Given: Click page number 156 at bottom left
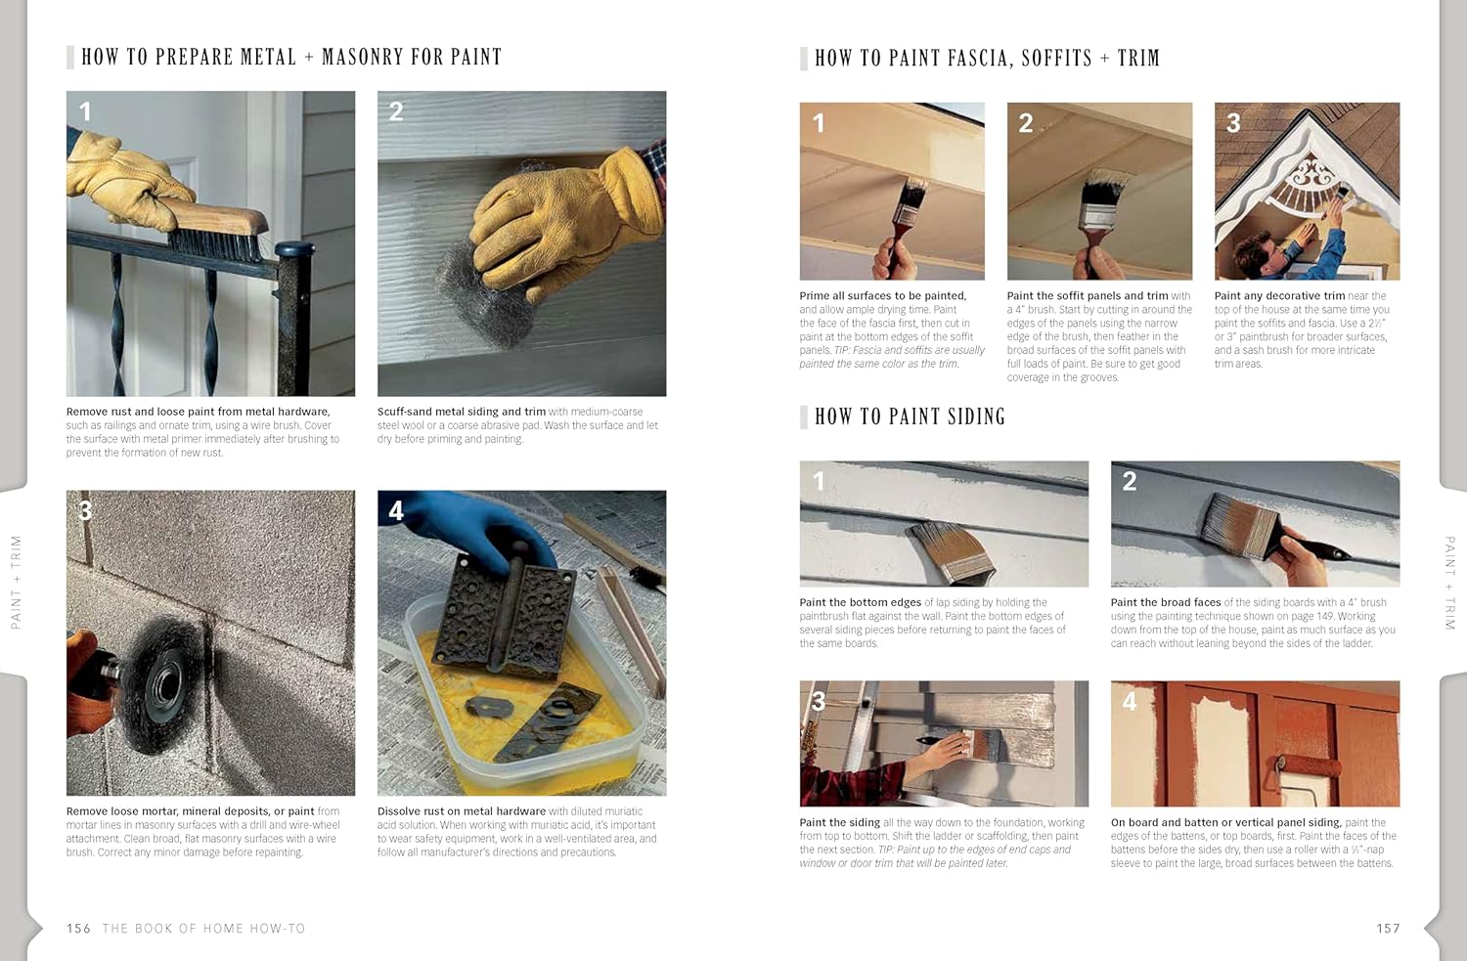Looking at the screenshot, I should (x=78, y=929).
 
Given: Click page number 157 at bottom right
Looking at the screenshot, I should (x=1388, y=929).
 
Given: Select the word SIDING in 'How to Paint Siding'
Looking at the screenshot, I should (x=962, y=417).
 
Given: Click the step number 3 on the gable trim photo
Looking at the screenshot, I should (x=1233, y=123).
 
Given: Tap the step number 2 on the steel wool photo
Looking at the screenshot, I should (x=396, y=111).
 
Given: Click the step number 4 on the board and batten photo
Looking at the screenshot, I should (x=1130, y=701).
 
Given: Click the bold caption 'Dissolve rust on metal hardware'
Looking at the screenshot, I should (x=461, y=811).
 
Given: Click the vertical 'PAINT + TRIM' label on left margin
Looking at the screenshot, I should (x=16, y=581).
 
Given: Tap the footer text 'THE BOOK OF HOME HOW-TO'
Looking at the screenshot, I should (x=203, y=929).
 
